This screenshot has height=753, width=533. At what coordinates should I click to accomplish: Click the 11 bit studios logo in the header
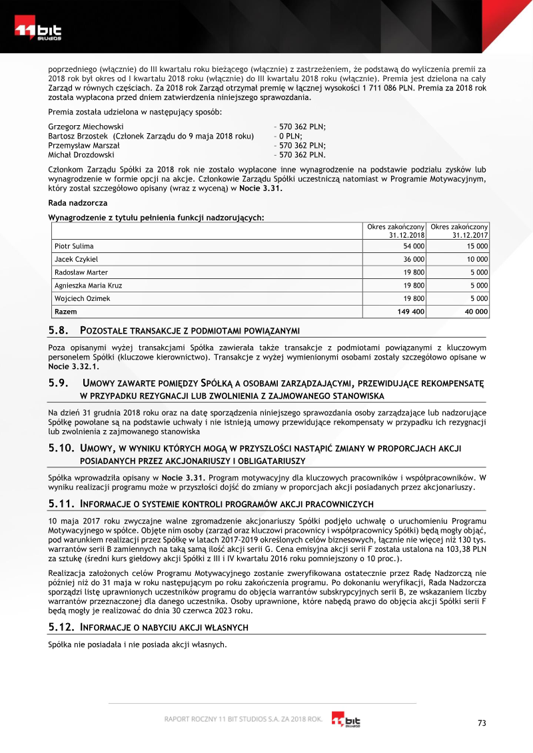(39, 32)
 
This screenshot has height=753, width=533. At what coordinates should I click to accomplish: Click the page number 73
(483, 724)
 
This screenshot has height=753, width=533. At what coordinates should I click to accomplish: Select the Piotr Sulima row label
(74, 246)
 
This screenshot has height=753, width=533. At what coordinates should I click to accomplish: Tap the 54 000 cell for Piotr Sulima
(414, 246)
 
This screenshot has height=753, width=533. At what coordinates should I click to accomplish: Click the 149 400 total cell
(410, 311)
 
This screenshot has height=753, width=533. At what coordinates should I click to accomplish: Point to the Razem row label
(65, 311)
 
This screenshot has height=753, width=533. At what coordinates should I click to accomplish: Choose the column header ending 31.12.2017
(460, 231)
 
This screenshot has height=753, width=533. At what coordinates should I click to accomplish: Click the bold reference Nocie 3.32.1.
(73, 366)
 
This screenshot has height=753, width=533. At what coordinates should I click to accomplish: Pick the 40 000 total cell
(476, 311)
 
